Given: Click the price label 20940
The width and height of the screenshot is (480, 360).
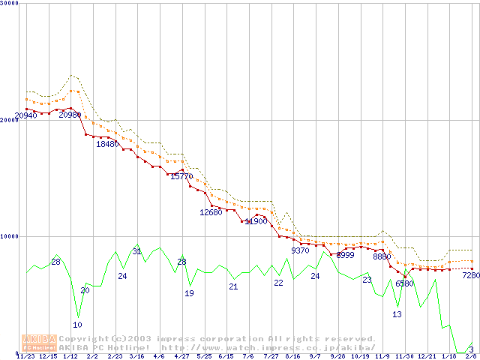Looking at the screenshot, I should [26, 115].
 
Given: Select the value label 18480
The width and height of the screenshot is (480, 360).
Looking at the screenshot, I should [107, 144].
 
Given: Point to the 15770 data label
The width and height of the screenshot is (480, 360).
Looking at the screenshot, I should [181, 176].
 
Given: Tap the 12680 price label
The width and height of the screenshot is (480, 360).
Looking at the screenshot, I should [211, 212].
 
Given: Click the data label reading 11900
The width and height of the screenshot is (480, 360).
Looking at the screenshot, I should [256, 221].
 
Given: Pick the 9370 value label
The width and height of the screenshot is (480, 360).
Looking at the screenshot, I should [300, 250].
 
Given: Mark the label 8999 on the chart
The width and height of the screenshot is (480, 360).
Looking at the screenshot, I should [345, 255].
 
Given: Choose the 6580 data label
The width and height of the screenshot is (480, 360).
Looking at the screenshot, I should [404, 283].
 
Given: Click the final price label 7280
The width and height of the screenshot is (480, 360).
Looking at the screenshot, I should [470, 275].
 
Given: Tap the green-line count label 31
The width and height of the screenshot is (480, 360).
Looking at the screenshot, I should [136, 251].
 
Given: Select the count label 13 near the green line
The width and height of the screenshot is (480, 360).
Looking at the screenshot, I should [397, 314].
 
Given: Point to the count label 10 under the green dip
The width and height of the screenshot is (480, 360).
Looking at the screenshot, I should [77, 325].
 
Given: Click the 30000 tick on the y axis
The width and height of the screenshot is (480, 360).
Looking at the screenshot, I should [10, 3].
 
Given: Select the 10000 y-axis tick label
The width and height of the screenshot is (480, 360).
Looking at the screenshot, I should [10, 236].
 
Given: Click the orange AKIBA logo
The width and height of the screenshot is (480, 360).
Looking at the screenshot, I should [37, 343].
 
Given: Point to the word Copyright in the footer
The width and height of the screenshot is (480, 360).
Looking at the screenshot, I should [89, 339].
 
